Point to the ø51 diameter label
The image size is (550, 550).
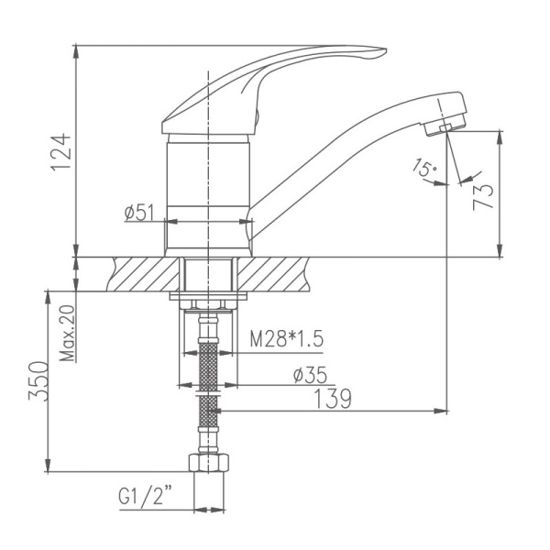click(x=138, y=214)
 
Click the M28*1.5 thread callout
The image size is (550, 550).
click(x=288, y=340)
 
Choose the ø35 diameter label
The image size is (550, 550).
click(x=309, y=375)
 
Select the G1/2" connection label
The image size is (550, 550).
click(x=147, y=499)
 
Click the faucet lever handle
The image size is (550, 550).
click(x=275, y=73)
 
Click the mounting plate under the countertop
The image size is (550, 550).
click(x=209, y=297)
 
